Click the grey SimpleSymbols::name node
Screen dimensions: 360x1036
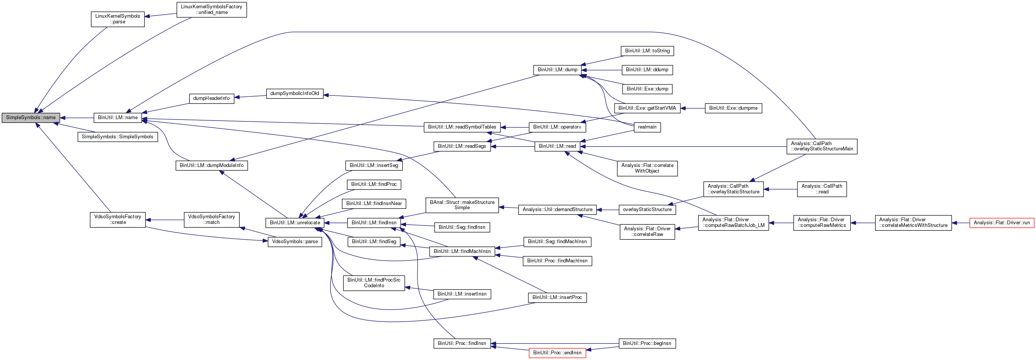tap(31, 118)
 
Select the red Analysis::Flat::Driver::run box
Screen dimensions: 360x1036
tap(1001, 223)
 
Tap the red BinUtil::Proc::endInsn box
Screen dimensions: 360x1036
tap(557, 353)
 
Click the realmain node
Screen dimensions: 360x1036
tap(647, 127)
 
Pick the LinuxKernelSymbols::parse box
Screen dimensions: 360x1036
tap(118, 19)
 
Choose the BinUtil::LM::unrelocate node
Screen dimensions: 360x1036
tap(294, 223)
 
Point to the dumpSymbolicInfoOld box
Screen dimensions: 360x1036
tap(294, 94)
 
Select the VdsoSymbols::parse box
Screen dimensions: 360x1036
tap(294, 242)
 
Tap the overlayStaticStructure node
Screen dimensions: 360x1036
tap(647, 210)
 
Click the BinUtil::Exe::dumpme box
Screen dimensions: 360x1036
tap(733, 108)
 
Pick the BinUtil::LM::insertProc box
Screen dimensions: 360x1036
tap(557, 298)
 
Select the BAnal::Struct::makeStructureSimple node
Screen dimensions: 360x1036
tap(462, 205)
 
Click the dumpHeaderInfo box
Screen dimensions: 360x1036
tap(211, 98)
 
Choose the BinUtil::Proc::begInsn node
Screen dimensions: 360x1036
tap(647, 343)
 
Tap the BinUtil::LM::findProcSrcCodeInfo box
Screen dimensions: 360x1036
tap(373, 283)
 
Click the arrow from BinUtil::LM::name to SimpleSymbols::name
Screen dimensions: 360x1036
tap(77, 118)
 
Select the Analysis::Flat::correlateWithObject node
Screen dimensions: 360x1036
tap(647, 169)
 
